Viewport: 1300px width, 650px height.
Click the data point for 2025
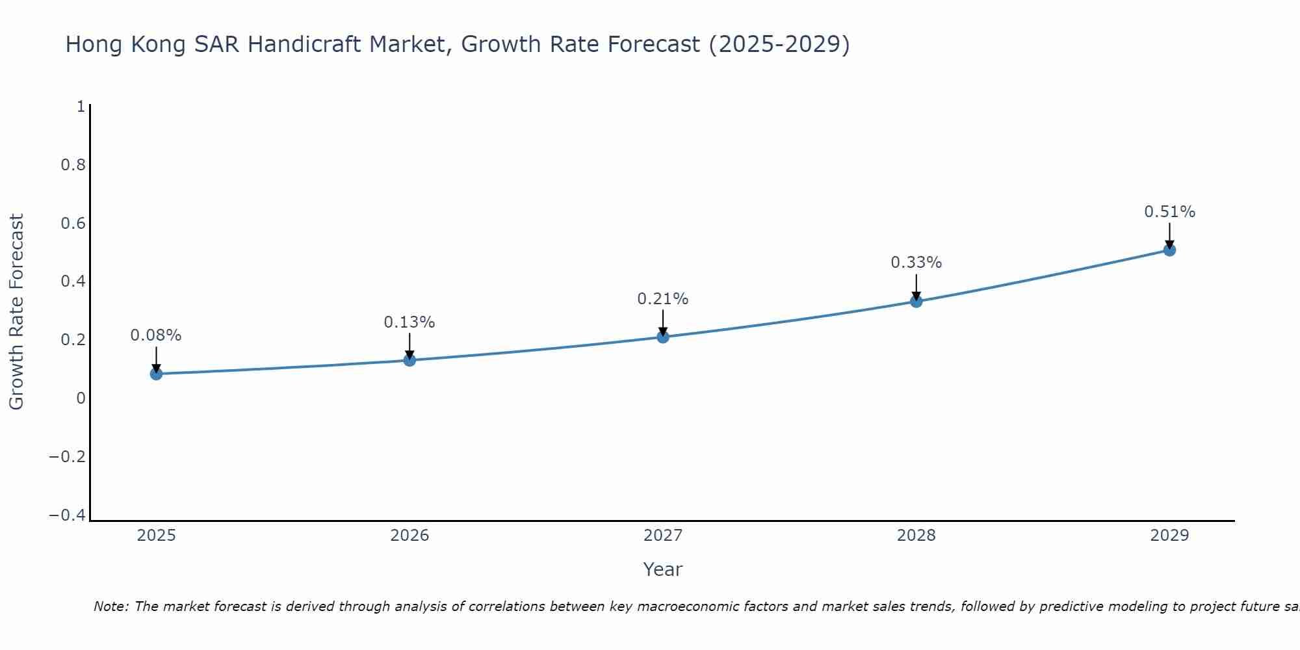[x=156, y=374]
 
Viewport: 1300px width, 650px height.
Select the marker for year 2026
[x=409, y=360]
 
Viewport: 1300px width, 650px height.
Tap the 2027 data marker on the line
[x=663, y=337]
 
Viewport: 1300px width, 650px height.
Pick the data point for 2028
[x=916, y=301]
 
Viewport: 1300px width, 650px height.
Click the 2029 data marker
[x=1169, y=250]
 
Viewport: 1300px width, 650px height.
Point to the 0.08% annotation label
[x=156, y=335]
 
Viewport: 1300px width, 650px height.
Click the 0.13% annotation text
[x=409, y=322]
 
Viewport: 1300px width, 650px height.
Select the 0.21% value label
[x=663, y=299]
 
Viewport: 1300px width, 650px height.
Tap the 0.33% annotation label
[x=916, y=263]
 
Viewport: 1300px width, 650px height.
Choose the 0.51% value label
[x=1169, y=212]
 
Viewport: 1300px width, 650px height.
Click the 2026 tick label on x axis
[x=409, y=536]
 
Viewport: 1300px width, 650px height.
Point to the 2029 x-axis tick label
[x=1169, y=536]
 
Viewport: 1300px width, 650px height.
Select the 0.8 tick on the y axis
[x=73, y=165]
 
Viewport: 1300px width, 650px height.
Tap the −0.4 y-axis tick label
[x=68, y=515]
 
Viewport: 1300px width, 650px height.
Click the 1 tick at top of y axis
[x=81, y=107]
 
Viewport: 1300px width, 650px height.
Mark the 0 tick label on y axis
[x=81, y=398]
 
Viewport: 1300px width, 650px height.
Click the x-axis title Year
[x=662, y=569]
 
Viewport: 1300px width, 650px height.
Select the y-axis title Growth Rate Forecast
[x=16, y=312]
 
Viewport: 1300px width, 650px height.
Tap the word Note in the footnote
[x=110, y=606]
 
